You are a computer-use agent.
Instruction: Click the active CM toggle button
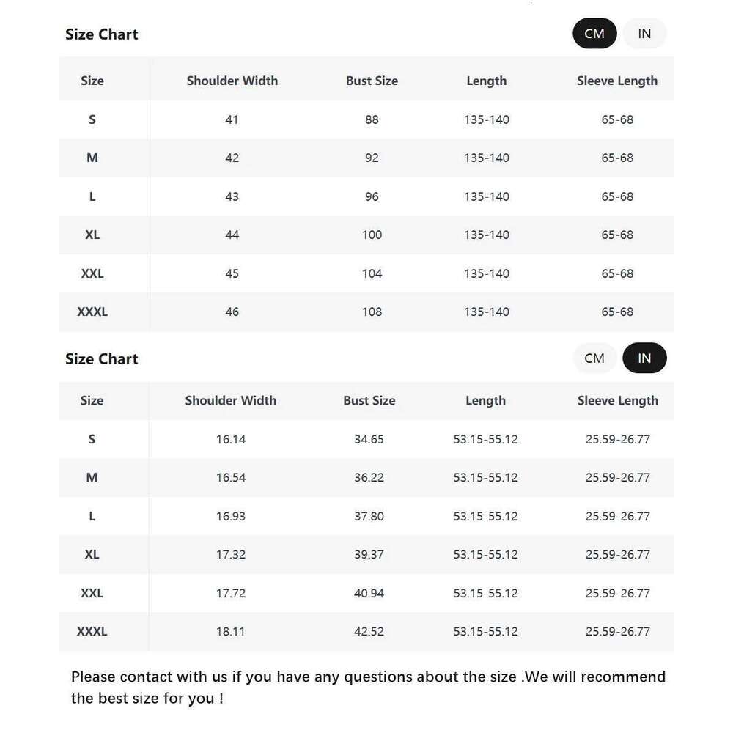(594, 34)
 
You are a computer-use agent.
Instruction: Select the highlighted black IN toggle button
(644, 358)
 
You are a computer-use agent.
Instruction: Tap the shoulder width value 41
(232, 119)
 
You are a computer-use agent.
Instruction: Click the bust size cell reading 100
(372, 235)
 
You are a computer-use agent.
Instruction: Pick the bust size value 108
(372, 312)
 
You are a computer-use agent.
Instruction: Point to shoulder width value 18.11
(230, 631)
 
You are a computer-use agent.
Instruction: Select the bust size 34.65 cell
(369, 439)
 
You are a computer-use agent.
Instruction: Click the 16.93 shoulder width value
(230, 516)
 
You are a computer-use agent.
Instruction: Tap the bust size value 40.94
(369, 593)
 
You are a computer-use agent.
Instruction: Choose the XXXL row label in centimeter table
(92, 312)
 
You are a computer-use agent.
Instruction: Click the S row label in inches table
(92, 439)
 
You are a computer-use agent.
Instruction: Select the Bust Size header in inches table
(369, 400)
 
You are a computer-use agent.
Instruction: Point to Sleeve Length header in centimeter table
(616, 81)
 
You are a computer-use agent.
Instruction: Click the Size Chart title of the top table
(101, 34)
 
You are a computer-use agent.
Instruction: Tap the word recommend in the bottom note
(628, 677)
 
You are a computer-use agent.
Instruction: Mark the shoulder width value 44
(232, 235)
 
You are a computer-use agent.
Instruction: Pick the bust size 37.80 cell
(369, 516)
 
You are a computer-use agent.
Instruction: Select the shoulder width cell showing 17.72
(230, 593)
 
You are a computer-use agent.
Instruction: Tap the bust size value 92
(372, 158)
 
